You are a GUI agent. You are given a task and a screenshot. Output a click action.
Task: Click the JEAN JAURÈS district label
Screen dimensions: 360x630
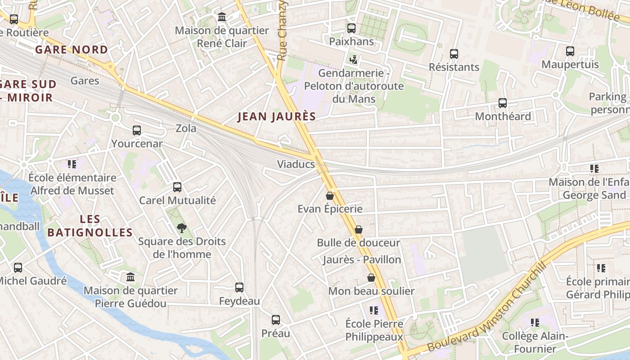pyautogui.click(x=276, y=117)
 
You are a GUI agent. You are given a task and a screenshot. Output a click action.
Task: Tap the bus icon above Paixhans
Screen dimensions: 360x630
pyautogui.click(x=351, y=28)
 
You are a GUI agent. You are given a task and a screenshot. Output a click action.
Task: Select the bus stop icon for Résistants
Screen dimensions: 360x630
pyautogui.click(x=454, y=54)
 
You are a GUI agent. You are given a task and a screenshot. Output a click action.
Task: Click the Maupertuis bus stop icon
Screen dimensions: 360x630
pyautogui.click(x=570, y=51)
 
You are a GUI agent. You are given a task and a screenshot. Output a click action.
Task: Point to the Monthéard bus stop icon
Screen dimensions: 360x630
pyautogui.click(x=503, y=103)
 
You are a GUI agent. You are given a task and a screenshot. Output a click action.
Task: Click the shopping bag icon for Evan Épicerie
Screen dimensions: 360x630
pyautogui.click(x=330, y=196)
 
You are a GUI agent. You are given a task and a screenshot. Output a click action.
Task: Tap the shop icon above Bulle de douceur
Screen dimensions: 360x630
pyautogui.click(x=359, y=229)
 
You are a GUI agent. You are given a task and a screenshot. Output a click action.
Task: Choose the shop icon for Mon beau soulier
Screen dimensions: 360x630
pyautogui.click(x=371, y=278)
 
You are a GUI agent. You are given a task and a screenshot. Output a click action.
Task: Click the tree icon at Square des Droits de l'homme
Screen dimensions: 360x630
pyautogui.click(x=182, y=228)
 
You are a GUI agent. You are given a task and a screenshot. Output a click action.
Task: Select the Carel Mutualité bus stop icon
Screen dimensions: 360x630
pyautogui.click(x=177, y=187)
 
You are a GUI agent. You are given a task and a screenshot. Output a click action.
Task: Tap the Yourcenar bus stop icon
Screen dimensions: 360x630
pyautogui.click(x=137, y=130)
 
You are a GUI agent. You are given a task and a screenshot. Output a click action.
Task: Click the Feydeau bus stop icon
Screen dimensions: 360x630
pyautogui.click(x=239, y=288)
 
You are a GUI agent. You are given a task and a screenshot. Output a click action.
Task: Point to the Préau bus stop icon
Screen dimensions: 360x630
pyautogui.click(x=276, y=320)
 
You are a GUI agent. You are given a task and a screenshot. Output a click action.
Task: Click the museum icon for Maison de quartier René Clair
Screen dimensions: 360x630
pyautogui.click(x=222, y=17)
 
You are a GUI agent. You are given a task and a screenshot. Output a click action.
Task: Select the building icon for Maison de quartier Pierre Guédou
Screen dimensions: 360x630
pyautogui.click(x=130, y=277)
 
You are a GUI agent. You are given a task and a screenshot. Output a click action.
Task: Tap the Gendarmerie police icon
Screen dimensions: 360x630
pyautogui.click(x=354, y=59)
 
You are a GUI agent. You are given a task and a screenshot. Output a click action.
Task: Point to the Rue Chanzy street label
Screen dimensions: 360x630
pyautogui.click(x=282, y=31)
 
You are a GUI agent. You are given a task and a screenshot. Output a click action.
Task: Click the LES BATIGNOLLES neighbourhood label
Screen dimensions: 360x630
pyautogui.click(x=90, y=226)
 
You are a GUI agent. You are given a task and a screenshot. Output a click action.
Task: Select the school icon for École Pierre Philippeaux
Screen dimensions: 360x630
pyautogui.click(x=374, y=310)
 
